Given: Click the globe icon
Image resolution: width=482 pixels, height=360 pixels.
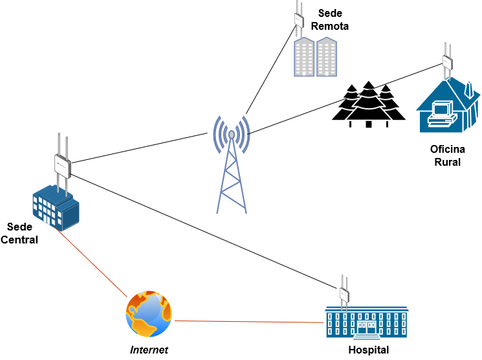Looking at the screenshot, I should pos(149,314).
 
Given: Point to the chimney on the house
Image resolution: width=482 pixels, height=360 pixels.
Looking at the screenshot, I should pos(469,89).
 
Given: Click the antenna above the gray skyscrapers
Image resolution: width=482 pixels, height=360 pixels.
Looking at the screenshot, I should pos(299,19).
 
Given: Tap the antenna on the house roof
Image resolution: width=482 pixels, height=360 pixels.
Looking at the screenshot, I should pos(447,62).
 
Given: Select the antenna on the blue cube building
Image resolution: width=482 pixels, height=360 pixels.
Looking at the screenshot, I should pos(62,165).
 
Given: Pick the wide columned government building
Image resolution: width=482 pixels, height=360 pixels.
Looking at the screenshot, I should pos(367,322).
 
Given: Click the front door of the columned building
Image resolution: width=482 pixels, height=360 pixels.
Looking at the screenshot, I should pos(367,327).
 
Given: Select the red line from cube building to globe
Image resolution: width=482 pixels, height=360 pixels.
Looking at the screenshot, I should pos(92,262).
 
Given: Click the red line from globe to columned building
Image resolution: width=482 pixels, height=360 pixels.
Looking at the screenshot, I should pos(249,321).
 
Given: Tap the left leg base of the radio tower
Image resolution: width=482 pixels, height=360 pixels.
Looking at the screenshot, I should pos(217,212).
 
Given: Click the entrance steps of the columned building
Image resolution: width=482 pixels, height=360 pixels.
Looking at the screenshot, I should pos(367,337).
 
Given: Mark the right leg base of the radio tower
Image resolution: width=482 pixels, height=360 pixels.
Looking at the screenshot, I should pos(246,212).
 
